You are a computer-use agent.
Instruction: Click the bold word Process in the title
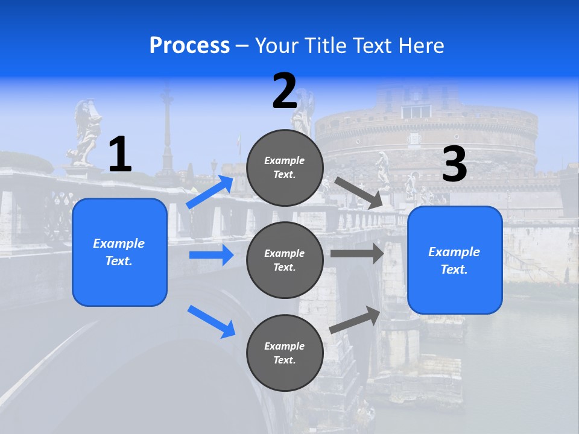[189, 46]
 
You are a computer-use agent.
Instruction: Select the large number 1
[120, 154]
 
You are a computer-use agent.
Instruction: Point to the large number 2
[285, 91]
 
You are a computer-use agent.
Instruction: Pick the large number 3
[454, 164]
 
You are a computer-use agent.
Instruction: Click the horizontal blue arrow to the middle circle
[211, 255]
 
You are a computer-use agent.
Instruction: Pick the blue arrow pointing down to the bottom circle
[212, 321]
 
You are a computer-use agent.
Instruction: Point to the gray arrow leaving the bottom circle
[355, 319]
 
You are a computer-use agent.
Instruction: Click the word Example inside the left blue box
[119, 244]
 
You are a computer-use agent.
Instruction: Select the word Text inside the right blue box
[454, 269]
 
